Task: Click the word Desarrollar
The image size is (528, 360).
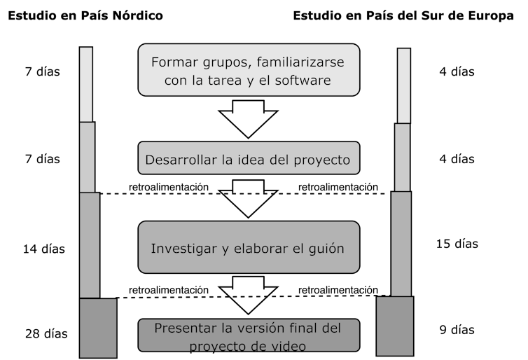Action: click(x=181, y=160)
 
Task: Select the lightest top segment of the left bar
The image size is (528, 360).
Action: click(x=86, y=85)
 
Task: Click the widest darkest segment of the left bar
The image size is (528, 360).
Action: click(x=97, y=328)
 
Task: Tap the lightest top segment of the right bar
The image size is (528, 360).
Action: click(x=404, y=85)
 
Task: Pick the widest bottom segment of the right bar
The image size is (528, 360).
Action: click(x=394, y=326)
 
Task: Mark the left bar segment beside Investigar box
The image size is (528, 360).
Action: click(x=90, y=245)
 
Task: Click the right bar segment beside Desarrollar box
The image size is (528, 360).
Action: click(x=402, y=158)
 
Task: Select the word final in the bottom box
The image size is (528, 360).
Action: click(x=315, y=328)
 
